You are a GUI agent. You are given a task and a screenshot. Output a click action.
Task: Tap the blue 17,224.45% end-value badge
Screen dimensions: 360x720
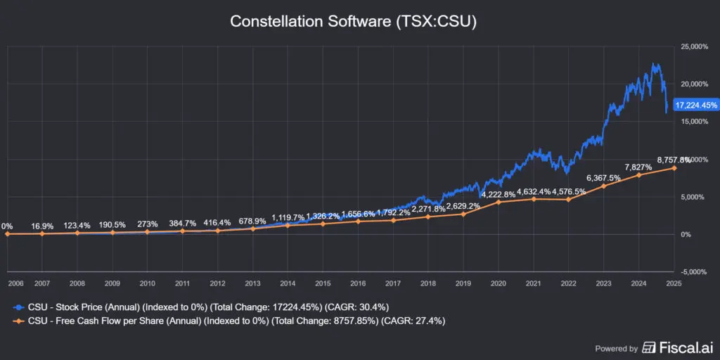695,105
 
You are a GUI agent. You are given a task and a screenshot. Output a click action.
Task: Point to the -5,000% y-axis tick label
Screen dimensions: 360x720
693,271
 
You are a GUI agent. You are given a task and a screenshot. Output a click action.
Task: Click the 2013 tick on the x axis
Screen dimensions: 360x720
253,283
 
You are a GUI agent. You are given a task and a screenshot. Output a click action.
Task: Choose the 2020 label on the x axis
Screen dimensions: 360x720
499,283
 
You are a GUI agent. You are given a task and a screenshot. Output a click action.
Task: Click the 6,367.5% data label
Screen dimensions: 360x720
603,178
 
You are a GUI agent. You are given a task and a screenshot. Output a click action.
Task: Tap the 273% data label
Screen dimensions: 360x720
148,224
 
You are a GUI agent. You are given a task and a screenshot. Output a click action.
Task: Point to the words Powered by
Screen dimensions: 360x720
617,348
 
